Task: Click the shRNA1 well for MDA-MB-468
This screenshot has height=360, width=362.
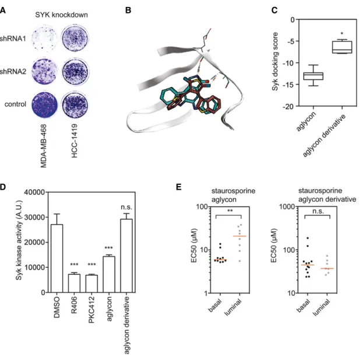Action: [x=44, y=39]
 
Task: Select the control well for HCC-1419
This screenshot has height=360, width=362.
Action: [x=75, y=104]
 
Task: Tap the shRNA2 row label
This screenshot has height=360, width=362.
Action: [x=13, y=71]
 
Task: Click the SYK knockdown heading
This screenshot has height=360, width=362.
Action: [x=61, y=15]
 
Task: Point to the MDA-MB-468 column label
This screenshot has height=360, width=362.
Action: [x=43, y=146]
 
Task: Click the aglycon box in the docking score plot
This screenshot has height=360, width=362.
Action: [x=313, y=76]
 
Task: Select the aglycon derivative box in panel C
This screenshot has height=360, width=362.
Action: [x=342, y=47]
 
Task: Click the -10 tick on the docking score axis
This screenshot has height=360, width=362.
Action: [x=290, y=63]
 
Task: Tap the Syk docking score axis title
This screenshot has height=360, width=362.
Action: [x=275, y=62]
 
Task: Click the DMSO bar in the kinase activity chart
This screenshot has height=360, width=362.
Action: [x=57, y=258]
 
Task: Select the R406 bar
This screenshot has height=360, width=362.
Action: [x=74, y=284]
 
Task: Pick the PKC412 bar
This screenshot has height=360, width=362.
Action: [x=92, y=284]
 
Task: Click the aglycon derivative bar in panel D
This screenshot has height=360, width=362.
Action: [x=126, y=256]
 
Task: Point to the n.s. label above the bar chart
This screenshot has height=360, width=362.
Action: [x=126, y=207]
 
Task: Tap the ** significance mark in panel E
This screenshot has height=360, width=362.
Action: [x=230, y=211]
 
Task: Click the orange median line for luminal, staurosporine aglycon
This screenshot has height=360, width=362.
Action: [x=240, y=236]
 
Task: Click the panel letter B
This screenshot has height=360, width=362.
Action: [x=128, y=10]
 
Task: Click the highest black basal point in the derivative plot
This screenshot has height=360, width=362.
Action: [x=308, y=238]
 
